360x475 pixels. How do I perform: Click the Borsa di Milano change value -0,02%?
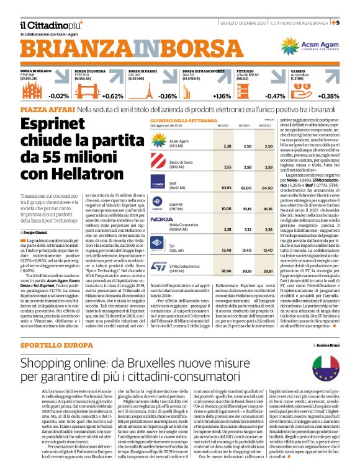(x=58, y=96)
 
